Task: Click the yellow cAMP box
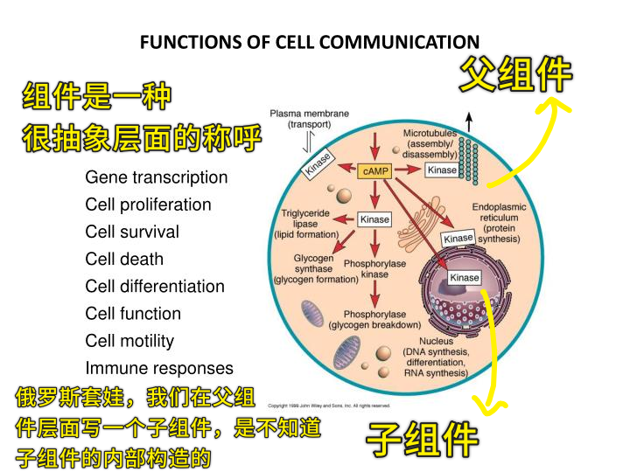pos(374,171)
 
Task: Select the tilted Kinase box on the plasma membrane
pos(318,164)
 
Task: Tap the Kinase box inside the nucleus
pos(464,277)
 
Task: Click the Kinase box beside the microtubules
pos(442,170)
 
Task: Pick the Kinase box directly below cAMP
pos(374,219)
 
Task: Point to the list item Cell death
pos(124,260)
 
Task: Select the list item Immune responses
pos(159,369)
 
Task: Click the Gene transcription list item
pos(157,177)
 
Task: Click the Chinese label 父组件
pos(516,74)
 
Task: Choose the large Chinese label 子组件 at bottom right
pos(422,440)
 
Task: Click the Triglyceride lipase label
pos(305,224)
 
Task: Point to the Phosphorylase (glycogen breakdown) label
pos(374,320)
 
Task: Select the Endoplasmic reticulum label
pos(499,223)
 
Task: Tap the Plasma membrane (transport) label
pos(309,119)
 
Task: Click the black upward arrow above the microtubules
pos(468,122)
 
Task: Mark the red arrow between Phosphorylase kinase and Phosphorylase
pos(374,295)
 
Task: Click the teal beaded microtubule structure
pos(468,161)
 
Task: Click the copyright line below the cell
pos(329,406)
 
